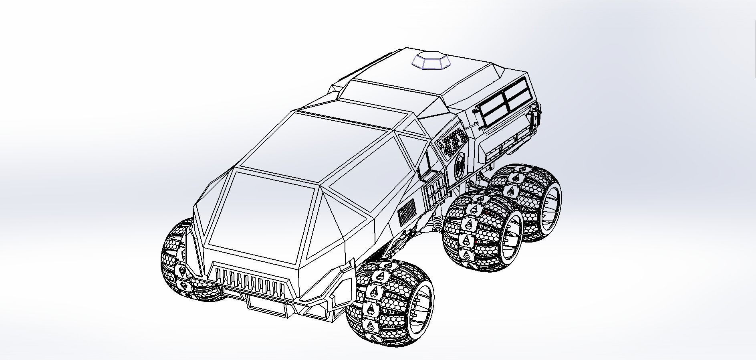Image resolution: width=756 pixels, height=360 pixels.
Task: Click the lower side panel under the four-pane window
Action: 507,136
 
